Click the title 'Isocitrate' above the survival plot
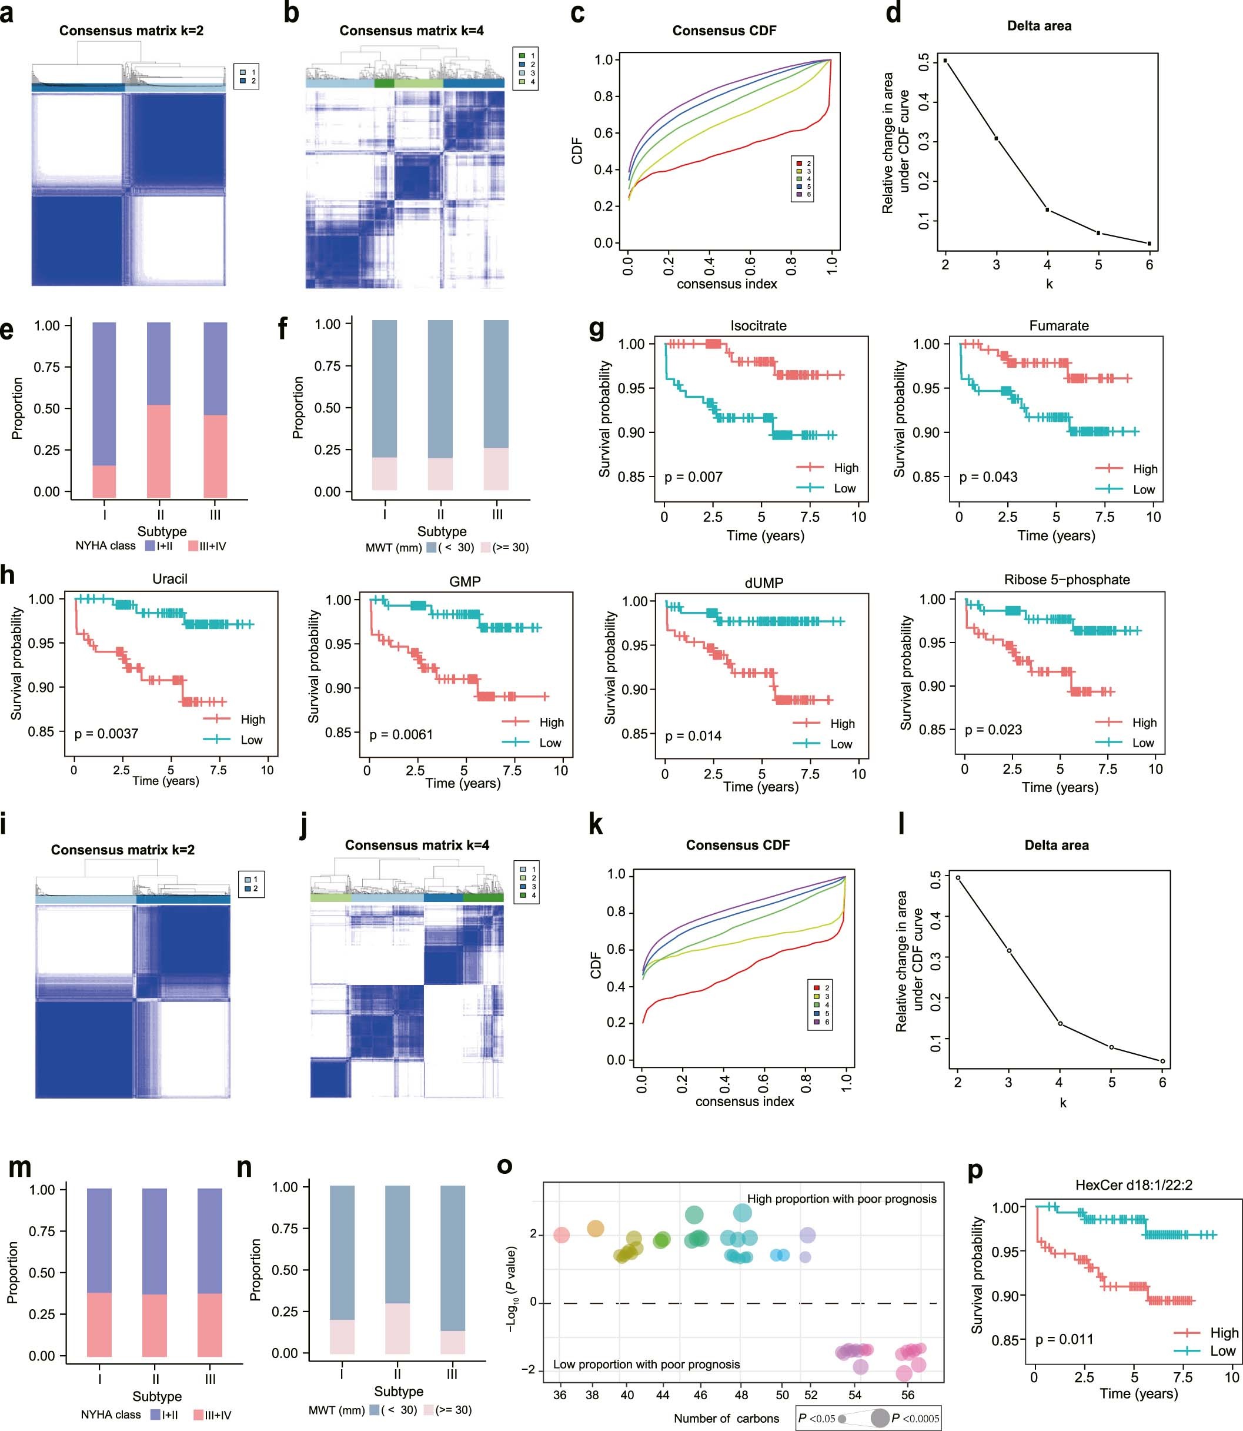coord(758,325)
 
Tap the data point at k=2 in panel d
coord(945,61)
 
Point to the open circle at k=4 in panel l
coord(1060,1024)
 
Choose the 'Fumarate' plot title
coord(1058,325)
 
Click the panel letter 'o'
coord(505,1165)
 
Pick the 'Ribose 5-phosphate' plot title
coord(1066,580)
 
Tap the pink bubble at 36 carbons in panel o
coord(562,1235)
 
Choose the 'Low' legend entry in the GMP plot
coord(549,743)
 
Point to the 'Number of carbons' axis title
coord(726,1418)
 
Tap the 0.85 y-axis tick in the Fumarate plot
coord(926,477)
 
